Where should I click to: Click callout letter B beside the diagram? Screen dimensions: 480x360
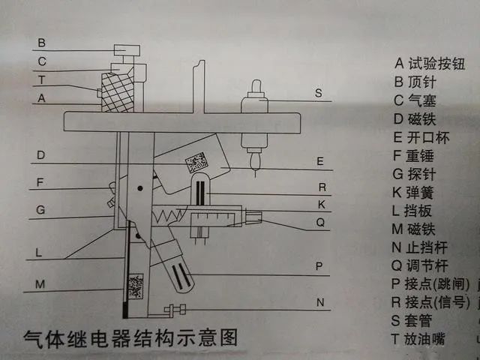coord(42,43)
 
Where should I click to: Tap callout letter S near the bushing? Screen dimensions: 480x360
coord(319,94)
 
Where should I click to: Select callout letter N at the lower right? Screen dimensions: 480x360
coord(319,302)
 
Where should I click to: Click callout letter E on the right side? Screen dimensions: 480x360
coord(319,160)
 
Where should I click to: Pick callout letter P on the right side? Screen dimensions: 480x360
coord(319,265)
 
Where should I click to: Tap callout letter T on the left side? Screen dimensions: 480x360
coord(42,79)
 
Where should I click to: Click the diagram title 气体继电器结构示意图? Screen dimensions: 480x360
coord(130,337)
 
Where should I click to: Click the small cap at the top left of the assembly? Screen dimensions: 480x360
coord(127,51)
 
